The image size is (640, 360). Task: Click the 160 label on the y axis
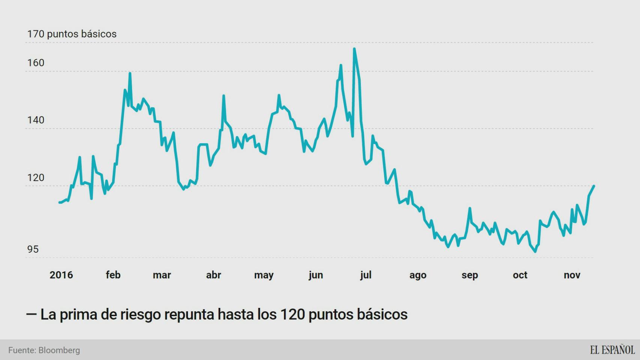click(x=36, y=63)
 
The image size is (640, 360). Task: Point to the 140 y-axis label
click(x=36, y=120)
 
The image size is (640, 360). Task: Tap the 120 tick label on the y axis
click(x=36, y=177)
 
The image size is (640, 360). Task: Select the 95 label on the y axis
click(x=33, y=249)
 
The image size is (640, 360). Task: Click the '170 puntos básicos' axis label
click(x=72, y=34)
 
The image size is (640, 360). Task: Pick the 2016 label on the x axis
click(x=61, y=275)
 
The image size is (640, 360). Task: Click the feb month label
click(x=113, y=275)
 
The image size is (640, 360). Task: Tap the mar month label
click(x=162, y=275)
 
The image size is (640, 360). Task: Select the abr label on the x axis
click(x=213, y=275)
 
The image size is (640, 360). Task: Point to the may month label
click(x=264, y=275)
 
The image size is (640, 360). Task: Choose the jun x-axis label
click(x=315, y=275)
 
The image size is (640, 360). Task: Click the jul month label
click(x=366, y=275)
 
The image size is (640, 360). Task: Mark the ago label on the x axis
click(x=418, y=275)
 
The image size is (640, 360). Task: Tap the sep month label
click(x=469, y=275)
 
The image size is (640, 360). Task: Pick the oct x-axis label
click(x=520, y=275)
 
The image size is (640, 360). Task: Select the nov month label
click(x=572, y=275)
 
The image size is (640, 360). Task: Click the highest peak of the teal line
click(x=354, y=49)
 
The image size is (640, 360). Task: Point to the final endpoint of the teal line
click(x=594, y=186)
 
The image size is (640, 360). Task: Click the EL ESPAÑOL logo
click(x=612, y=350)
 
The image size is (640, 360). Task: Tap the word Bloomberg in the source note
click(x=59, y=350)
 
